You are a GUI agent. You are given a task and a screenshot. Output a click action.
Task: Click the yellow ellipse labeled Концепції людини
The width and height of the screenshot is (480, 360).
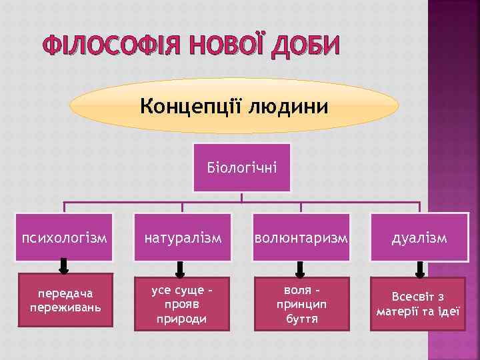coord(234,106)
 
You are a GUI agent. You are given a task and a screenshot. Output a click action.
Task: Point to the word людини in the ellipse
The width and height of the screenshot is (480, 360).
coord(288,106)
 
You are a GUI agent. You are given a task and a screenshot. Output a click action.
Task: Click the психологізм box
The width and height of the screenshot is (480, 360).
coord(65,237)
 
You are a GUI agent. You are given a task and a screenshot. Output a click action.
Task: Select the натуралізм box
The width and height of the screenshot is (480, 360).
coord(182,237)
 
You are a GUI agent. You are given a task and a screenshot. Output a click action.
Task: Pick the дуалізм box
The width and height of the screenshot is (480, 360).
coord(419,237)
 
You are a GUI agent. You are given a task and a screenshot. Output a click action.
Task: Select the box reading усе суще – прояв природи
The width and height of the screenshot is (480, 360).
coord(181,303)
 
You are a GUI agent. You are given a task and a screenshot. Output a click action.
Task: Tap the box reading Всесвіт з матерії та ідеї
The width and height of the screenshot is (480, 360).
coord(419,303)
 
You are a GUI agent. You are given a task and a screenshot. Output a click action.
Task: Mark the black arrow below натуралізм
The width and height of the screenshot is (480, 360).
coord(181,268)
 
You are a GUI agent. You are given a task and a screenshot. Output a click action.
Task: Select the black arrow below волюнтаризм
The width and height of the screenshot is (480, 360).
coord(300,268)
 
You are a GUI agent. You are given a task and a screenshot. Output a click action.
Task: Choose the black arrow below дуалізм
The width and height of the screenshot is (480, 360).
coord(419,268)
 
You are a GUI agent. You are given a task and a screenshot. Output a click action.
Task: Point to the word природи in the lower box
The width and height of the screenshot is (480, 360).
coord(181,319)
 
